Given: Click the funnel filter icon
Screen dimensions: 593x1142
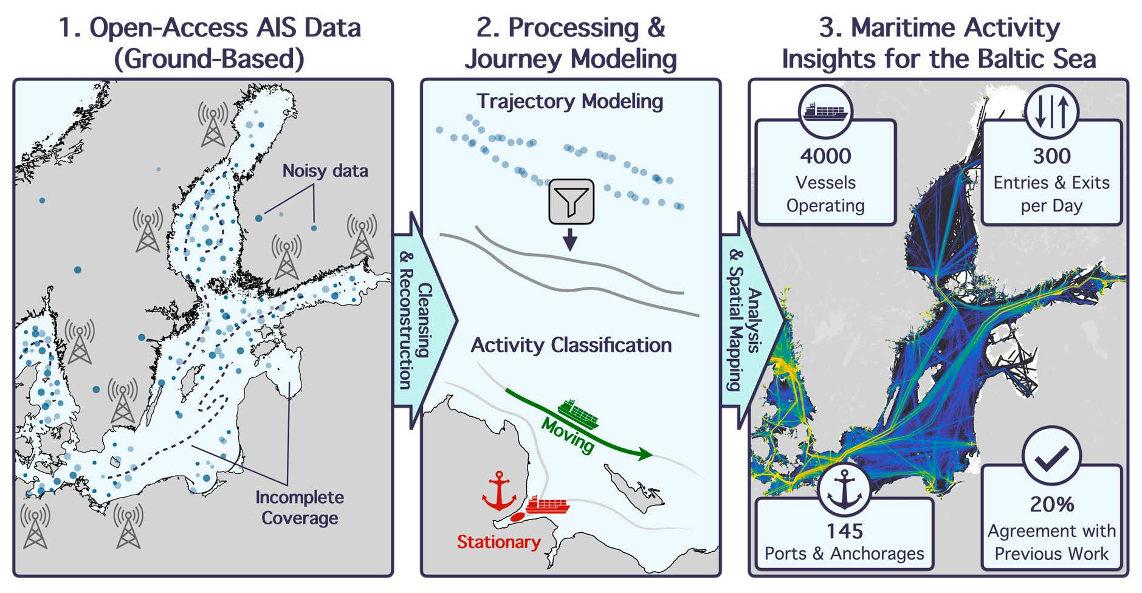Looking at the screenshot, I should point(571,201).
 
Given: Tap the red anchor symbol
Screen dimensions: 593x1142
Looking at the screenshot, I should point(498,491).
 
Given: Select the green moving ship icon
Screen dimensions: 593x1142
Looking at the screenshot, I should point(578,414).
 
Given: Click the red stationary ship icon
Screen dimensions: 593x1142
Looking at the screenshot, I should point(548,504).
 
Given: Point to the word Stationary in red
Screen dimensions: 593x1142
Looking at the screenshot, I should point(498,541).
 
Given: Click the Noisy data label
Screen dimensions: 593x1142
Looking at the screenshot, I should point(325,171).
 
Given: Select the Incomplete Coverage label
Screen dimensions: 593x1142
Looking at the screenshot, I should point(300,507).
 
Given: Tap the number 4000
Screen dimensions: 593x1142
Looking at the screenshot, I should point(825,156).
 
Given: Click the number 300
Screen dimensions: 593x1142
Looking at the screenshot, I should point(1051,156).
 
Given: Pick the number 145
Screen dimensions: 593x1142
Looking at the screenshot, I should point(844,532).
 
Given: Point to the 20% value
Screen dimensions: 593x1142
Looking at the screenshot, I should point(1051,504).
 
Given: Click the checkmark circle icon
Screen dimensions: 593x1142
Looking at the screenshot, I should point(1051,457).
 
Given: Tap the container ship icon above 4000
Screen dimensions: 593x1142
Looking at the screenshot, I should point(825,111).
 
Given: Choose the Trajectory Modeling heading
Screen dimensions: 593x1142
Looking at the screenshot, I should point(569,101).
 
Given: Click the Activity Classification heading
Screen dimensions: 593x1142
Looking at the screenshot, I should point(571,345).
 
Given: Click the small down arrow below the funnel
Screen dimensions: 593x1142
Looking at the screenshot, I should point(570,240).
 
